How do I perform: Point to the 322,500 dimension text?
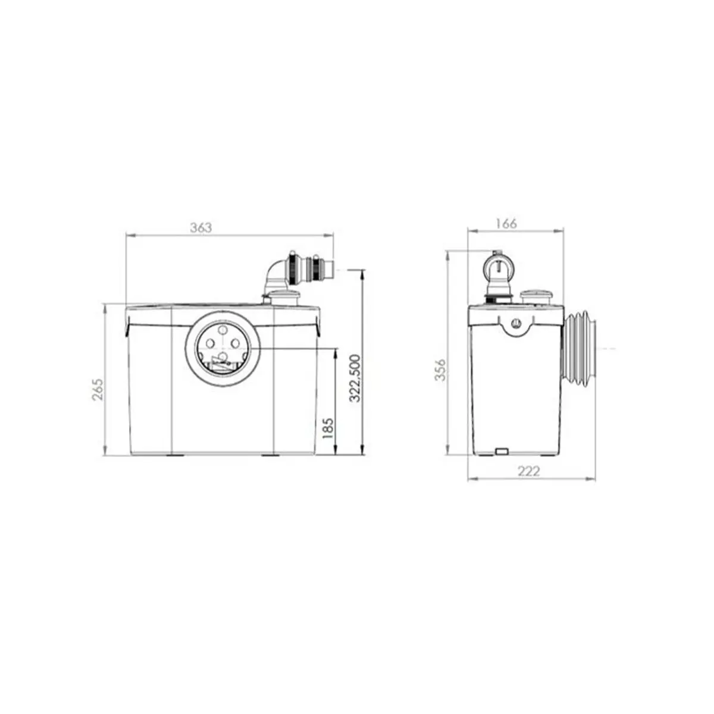[355, 379]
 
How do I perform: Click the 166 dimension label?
[506, 224]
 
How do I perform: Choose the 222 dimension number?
[528, 471]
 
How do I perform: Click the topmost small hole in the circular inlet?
[222, 330]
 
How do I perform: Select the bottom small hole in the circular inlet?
[223, 356]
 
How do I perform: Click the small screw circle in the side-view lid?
[516, 324]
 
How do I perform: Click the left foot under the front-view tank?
[175, 456]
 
